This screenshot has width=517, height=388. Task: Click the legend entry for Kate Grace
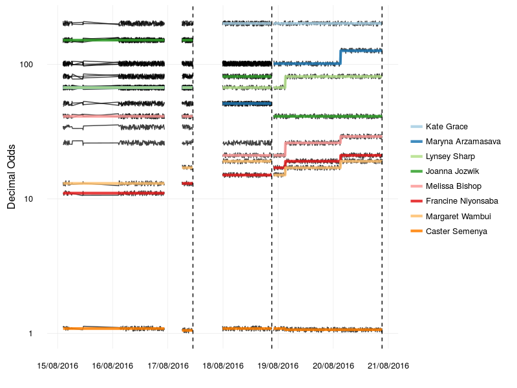point(447,127)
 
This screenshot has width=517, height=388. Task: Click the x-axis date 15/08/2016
point(57,366)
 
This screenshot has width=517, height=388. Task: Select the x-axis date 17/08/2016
point(167,366)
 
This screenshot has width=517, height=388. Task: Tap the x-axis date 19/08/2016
point(278,366)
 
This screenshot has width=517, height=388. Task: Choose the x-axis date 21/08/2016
point(388,366)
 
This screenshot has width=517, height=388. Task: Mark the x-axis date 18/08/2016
point(223,366)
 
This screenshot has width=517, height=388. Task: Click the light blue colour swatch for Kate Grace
point(416,127)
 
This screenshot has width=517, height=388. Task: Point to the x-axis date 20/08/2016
point(333,366)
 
